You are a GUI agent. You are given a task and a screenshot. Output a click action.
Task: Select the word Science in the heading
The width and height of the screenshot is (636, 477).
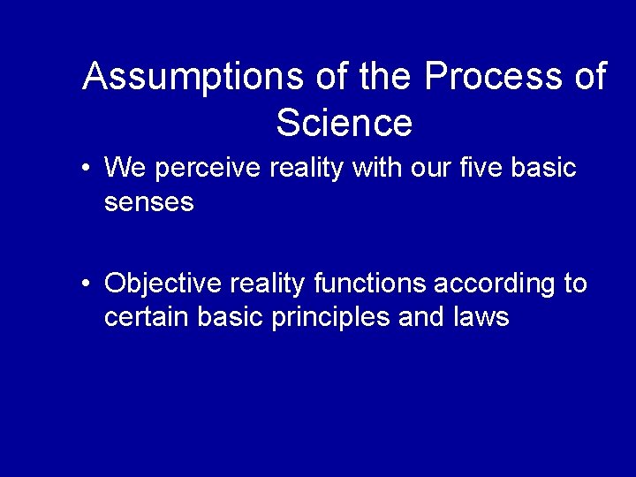point(344,123)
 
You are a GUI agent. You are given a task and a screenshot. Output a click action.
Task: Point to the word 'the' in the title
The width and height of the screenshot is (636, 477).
point(385,78)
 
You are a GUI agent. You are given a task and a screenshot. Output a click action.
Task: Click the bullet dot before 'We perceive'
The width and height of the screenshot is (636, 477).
point(84,168)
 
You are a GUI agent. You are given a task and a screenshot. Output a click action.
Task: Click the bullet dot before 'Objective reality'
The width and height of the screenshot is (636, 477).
point(84,284)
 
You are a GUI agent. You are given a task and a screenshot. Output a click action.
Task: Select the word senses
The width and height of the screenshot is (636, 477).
point(148,202)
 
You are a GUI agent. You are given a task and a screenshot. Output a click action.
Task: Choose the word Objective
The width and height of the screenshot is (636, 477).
point(163,284)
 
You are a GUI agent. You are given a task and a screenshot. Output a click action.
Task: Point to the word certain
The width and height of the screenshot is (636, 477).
point(140,316)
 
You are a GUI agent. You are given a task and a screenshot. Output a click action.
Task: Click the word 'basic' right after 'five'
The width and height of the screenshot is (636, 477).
point(545,167)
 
